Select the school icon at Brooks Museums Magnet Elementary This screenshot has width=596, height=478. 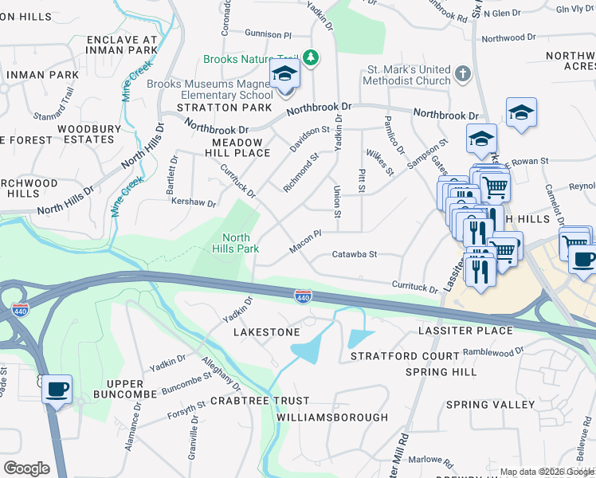coord(284,77)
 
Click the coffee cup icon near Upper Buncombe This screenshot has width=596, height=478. coord(57,390)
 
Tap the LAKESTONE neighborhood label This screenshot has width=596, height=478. coord(267,331)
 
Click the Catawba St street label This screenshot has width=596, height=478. coord(354,255)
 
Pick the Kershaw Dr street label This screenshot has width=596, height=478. coord(194,203)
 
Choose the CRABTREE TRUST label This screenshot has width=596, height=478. coord(259,401)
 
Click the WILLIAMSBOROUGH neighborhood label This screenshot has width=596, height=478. coord(332,417)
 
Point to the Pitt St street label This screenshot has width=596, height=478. coord(362,180)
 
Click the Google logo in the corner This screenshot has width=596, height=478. coord(26,468)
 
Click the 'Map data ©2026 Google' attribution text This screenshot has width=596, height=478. coord(546,472)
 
